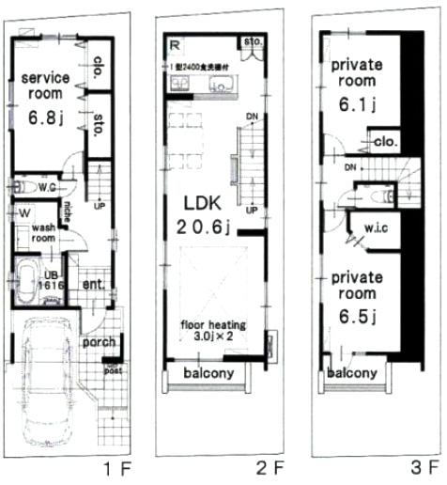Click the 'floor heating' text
[x=213, y=324]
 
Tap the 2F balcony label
[x=208, y=374]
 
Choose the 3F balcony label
[x=352, y=373]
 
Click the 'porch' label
[x=98, y=342]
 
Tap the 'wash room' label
[x=44, y=234]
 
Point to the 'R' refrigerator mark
[x=175, y=44]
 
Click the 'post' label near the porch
[x=114, y=370]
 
